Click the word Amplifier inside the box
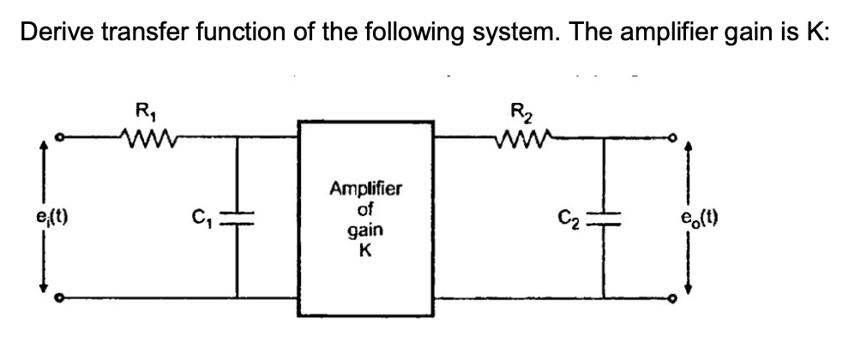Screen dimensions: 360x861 pyautogui.click(x=364, y=189)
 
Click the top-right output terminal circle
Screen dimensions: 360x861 pyautogui.click(x=678, y=135)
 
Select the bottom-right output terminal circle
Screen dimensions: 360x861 pyautogui.click(x=678, y=298)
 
